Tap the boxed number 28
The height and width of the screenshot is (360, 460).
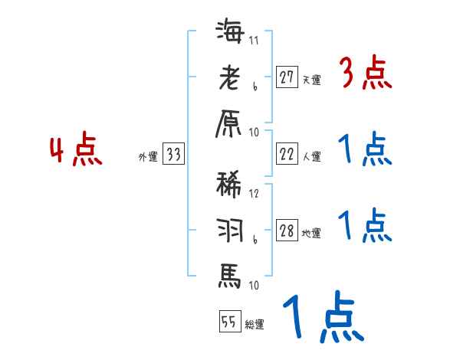(x=287, y=231)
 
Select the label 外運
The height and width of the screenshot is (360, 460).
(x=148, y=157)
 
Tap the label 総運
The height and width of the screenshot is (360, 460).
(x=255, y=324)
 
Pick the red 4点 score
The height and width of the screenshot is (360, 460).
(x=75, y=151)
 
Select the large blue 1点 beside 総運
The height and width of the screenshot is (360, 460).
(x=321, y=319)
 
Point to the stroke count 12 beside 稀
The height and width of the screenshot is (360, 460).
(x=254, y=194)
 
